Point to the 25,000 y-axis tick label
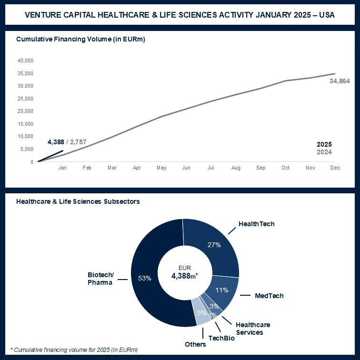coord(25,99)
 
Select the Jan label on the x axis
coord(62,168)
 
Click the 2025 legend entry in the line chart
coord(324,144)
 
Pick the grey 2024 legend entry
coord(324,152)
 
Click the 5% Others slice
coord(201,313)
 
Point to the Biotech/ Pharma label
coord(100,279)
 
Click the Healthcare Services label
coord(249,329)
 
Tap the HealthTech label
coord(256,224)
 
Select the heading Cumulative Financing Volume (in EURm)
coord(80,40)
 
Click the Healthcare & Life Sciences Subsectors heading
coord(78,201)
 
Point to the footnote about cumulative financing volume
coord(74,350)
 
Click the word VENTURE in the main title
coord(44,15)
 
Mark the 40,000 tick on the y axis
coord(25,61)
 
